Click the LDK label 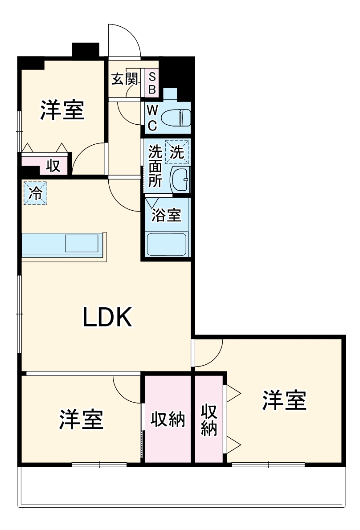pos(107,318)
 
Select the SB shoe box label pos(151,83)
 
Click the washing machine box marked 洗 pos(177,153)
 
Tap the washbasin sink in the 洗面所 pos(180,179)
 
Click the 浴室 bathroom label pos(167,215)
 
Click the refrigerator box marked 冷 pos(35,193)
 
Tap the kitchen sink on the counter pos(82,244)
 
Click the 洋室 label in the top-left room pos(63,110)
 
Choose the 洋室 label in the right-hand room pos(284,400)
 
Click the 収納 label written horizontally pos(168,420)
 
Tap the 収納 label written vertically pos(208,420)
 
